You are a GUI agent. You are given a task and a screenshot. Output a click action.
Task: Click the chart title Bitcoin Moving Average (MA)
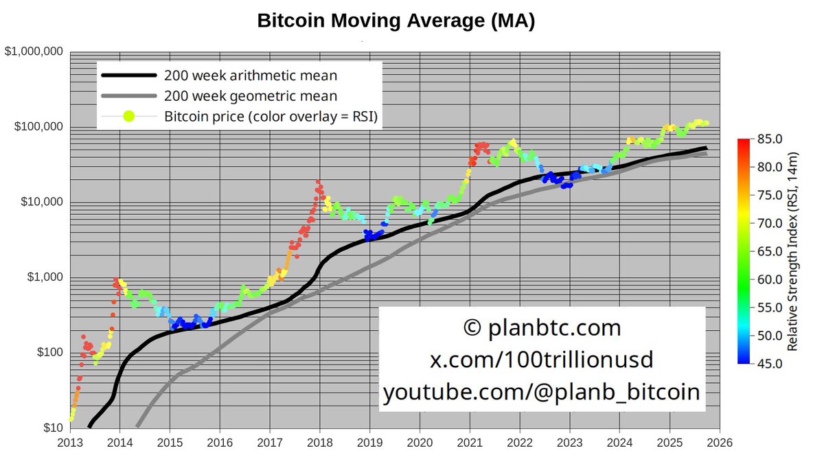tap(396, 21)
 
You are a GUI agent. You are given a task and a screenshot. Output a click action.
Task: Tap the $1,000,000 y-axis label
tap(35, 52)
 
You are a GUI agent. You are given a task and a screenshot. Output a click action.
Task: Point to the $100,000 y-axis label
tap(38, 128)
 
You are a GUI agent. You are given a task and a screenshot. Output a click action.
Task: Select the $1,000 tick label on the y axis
tap(45, 277)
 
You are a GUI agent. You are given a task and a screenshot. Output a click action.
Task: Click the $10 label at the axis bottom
tap(54, 428)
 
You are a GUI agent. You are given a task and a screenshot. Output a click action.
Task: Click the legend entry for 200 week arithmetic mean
tap(251, 75)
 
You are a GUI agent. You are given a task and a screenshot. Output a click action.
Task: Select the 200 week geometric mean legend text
tap(251, 96)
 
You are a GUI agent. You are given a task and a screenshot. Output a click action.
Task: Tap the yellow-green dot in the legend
tap(128, 117)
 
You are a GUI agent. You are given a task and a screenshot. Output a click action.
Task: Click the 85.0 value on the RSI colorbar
tap(769, 139)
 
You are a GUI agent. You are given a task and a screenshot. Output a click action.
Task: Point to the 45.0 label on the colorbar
tap(769, 364)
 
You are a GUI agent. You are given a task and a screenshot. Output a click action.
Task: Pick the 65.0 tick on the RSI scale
tap(769, 251)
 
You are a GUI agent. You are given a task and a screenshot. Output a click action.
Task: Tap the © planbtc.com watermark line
tap(542, 328)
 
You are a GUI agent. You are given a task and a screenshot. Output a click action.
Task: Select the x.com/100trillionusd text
tap(542, 360)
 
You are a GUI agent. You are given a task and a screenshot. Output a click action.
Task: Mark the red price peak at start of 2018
tap(317, 183)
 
